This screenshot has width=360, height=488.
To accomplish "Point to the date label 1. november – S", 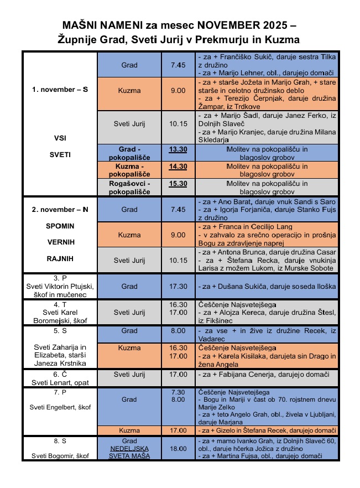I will pos(59,90).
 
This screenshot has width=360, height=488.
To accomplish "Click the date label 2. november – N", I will pos(60,209).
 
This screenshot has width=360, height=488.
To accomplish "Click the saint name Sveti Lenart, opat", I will pos(59,382).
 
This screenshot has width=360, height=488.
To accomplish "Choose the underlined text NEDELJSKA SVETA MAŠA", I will pos(129,452).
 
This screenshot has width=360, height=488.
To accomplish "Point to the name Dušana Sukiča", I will pos(238,286).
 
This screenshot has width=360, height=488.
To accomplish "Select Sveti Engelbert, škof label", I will pos(59,407).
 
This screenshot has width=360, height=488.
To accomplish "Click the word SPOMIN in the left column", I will pos(60,226).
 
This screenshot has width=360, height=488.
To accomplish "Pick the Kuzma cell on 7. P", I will pos(129,430).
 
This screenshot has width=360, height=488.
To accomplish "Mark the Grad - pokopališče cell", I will pos(129,153).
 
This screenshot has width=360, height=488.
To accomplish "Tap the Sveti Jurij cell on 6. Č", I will pos(129,375).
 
